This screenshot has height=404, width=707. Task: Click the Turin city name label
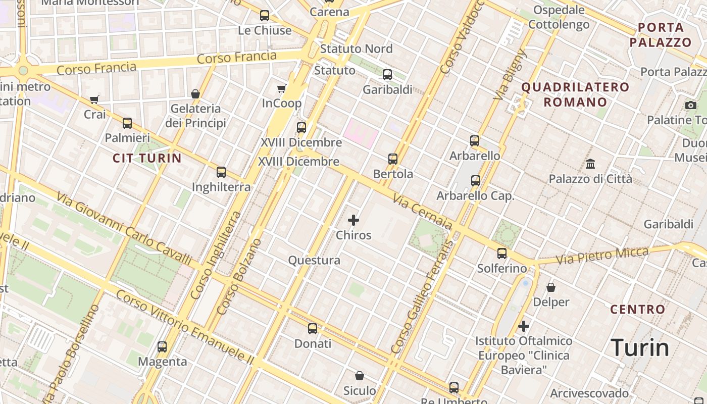640,348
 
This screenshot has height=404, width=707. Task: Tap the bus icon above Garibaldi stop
387,75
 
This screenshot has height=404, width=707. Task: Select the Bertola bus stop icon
393,159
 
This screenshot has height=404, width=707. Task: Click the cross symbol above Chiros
353,220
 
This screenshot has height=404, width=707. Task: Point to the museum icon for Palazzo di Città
590,164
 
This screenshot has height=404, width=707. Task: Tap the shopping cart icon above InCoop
282,89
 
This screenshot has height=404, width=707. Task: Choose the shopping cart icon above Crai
94,99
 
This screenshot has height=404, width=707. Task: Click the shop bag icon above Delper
551,287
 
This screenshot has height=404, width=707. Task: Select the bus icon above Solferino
502,254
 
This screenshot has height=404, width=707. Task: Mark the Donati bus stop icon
313,329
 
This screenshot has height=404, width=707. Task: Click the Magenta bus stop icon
162,347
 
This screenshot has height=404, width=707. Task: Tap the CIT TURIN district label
147,158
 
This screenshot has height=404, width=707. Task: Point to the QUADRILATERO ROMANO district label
575,94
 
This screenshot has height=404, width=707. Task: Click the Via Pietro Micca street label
602,256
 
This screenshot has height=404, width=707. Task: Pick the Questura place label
314,261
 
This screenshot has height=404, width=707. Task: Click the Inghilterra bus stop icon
221,172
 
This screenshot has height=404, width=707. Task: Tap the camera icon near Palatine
691,105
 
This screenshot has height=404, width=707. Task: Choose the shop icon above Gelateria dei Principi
195,94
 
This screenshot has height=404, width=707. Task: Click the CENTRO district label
638,309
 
